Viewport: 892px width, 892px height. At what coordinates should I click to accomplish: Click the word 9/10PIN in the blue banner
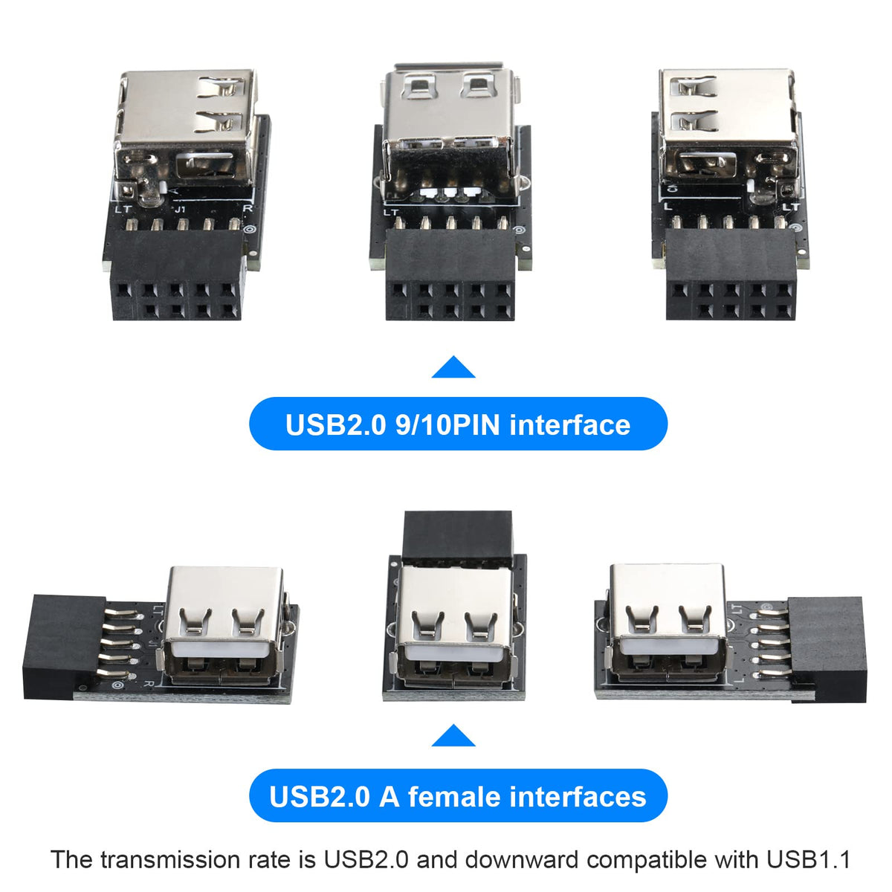coord(447,425)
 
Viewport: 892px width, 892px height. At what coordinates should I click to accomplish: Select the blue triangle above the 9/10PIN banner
coord(453,366)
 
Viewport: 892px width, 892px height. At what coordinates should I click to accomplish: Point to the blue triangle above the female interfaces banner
coord(453,736)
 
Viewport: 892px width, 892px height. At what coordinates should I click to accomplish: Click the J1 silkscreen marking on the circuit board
coord(181,209)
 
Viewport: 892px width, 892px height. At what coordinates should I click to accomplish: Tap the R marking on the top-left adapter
coord(248,208)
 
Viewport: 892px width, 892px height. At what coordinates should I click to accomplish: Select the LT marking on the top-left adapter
coord(123,209)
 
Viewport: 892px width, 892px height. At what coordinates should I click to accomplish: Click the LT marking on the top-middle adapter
coord(391,213)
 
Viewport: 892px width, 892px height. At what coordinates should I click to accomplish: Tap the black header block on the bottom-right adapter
coord(827,650)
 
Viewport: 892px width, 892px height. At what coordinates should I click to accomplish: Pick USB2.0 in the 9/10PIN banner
coord(335,425)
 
